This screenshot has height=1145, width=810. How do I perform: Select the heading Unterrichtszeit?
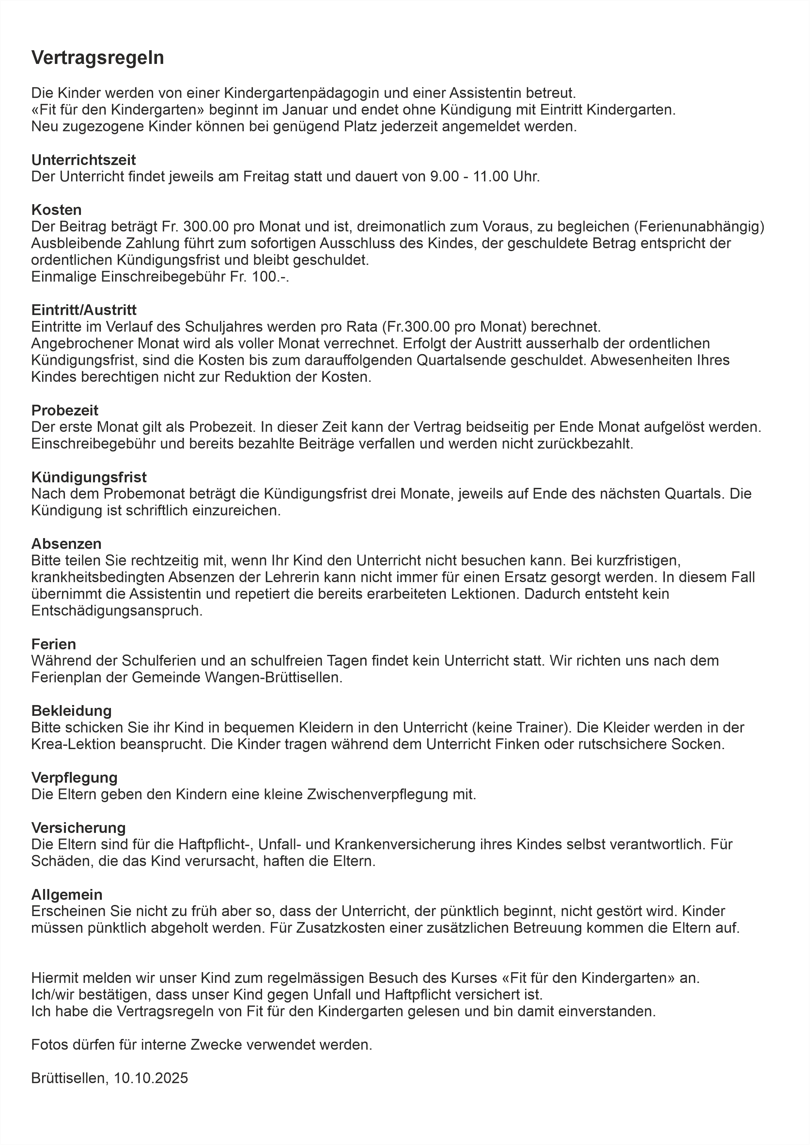(83, 160)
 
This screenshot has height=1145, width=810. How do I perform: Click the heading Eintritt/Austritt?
(84, 310)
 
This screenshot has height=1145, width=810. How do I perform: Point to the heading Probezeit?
(65, 411)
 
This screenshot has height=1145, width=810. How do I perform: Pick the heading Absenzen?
(66, 544)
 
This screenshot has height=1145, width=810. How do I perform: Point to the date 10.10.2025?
(151, 1078)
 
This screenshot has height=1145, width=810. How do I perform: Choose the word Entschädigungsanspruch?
(117, 611)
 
